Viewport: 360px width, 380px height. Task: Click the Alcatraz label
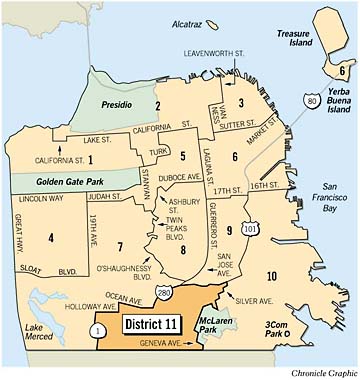[x=187, y=21]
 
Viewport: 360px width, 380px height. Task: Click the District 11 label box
[x=157, y=324]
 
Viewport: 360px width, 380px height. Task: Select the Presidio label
[x=126, y=104]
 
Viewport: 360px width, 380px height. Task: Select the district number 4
[x=50, y=237]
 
